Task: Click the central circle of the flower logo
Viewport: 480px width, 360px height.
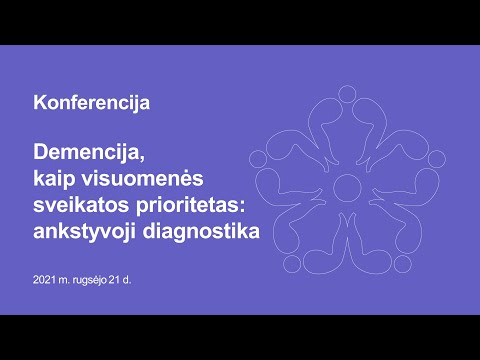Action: [347, 184]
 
